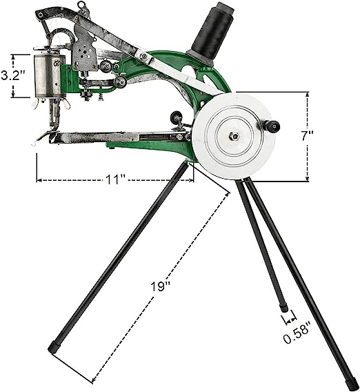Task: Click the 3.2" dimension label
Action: (x=14, y=75)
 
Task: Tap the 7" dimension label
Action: (x=307, y=136)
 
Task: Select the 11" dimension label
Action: (x=115, y=179)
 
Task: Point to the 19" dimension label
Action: (x=160, y=286)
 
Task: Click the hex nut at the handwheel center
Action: (x=235, y=136)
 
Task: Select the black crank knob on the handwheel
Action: (x=272, y=126)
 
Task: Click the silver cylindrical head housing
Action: (x=48, y=76)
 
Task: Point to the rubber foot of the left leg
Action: (x=54, y=348)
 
